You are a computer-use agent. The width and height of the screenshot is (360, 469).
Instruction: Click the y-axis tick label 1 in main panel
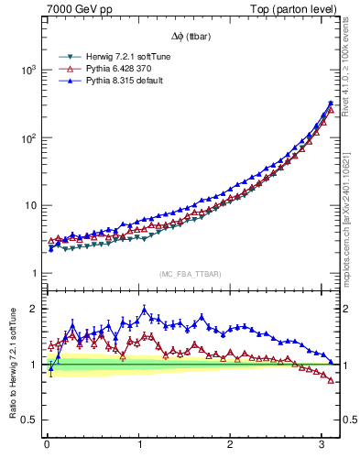(32, 274)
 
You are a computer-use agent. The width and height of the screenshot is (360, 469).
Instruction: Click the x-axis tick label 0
(47, 445)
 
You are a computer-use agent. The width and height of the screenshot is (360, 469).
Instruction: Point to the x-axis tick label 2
(230, 445)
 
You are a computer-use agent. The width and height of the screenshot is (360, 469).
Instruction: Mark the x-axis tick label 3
(322, 445)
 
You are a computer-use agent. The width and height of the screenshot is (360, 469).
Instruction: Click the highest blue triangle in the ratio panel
(144, 310)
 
